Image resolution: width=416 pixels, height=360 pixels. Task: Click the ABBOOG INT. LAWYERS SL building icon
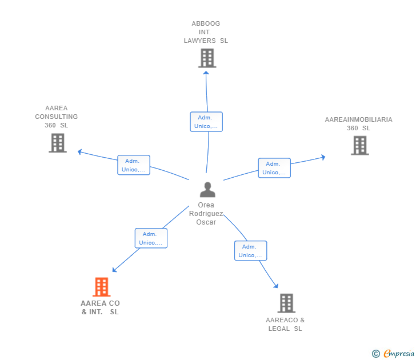pyautogui.click(x=207, y=58)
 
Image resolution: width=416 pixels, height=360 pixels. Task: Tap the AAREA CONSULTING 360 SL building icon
pyautogui.click(x=58, y=143)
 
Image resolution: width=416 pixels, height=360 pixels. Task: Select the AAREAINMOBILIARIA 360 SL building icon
pyautogui.click(x=359, y=145)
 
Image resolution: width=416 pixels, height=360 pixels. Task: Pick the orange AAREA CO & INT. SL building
pyautogui.click(x=101, y=287)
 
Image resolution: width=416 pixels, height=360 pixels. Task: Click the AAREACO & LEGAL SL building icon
pyautogui.click(x=286, y=303)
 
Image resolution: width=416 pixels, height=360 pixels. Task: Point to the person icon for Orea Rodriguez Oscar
pyautogui.click(x=207, y=190)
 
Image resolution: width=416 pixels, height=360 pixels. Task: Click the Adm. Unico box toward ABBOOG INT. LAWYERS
pyautogui.click(x=206, y=122)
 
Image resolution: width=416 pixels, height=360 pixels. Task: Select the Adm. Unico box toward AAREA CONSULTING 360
pyautogui.click(x=134, y=165)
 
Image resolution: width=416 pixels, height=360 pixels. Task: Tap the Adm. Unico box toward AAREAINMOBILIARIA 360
pyautogui.click(x=274, y=168)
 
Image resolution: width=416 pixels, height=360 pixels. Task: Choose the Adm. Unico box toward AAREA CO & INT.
pyautogui.click(x=151, y=238)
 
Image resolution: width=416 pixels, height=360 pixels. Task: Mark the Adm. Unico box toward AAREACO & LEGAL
pyautogui.click(x=250, y=251)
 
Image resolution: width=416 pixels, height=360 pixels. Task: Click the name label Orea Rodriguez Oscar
pyautogui.click(x=206, y=214)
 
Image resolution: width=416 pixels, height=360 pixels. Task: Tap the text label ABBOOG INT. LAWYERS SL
pyautogui.click(x=206, y=32)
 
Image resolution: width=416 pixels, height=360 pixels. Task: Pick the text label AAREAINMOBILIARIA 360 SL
pyautogui.click(x=358, y=124)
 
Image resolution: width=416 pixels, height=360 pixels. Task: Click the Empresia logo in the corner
pyautogui.click(x=399, y=354)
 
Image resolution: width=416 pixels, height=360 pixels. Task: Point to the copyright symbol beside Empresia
pyautogui.click(x=375, y=354)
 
